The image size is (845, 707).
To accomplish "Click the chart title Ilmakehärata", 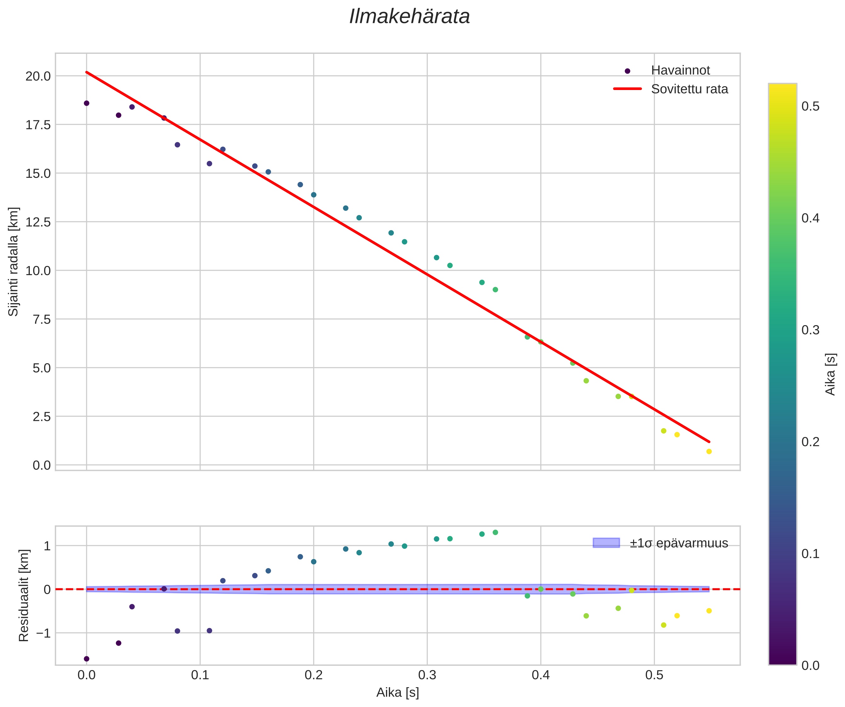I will pos(409,17).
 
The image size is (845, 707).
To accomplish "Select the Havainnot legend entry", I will pos(680,71).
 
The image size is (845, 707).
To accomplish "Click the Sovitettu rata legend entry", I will pos(689,89).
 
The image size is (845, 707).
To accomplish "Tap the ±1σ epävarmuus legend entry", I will pos(678,543).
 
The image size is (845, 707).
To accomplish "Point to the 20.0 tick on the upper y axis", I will pos(38,76).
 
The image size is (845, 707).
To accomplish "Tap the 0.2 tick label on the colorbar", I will pos(810,442).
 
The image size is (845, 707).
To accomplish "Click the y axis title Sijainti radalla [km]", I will pos(14,262).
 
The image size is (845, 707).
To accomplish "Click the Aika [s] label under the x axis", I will pos(398,693).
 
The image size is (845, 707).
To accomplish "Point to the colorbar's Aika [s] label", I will pos(831,374).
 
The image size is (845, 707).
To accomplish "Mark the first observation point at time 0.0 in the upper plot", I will pos(87,104).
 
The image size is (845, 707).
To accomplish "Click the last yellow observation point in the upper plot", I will pos(709,451).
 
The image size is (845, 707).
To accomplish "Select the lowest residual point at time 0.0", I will pos(87,659).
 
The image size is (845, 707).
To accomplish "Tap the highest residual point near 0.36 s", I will pos(495,532).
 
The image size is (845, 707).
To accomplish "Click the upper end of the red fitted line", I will pos(87,72).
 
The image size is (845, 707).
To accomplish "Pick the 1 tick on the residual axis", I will pos(47,546).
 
